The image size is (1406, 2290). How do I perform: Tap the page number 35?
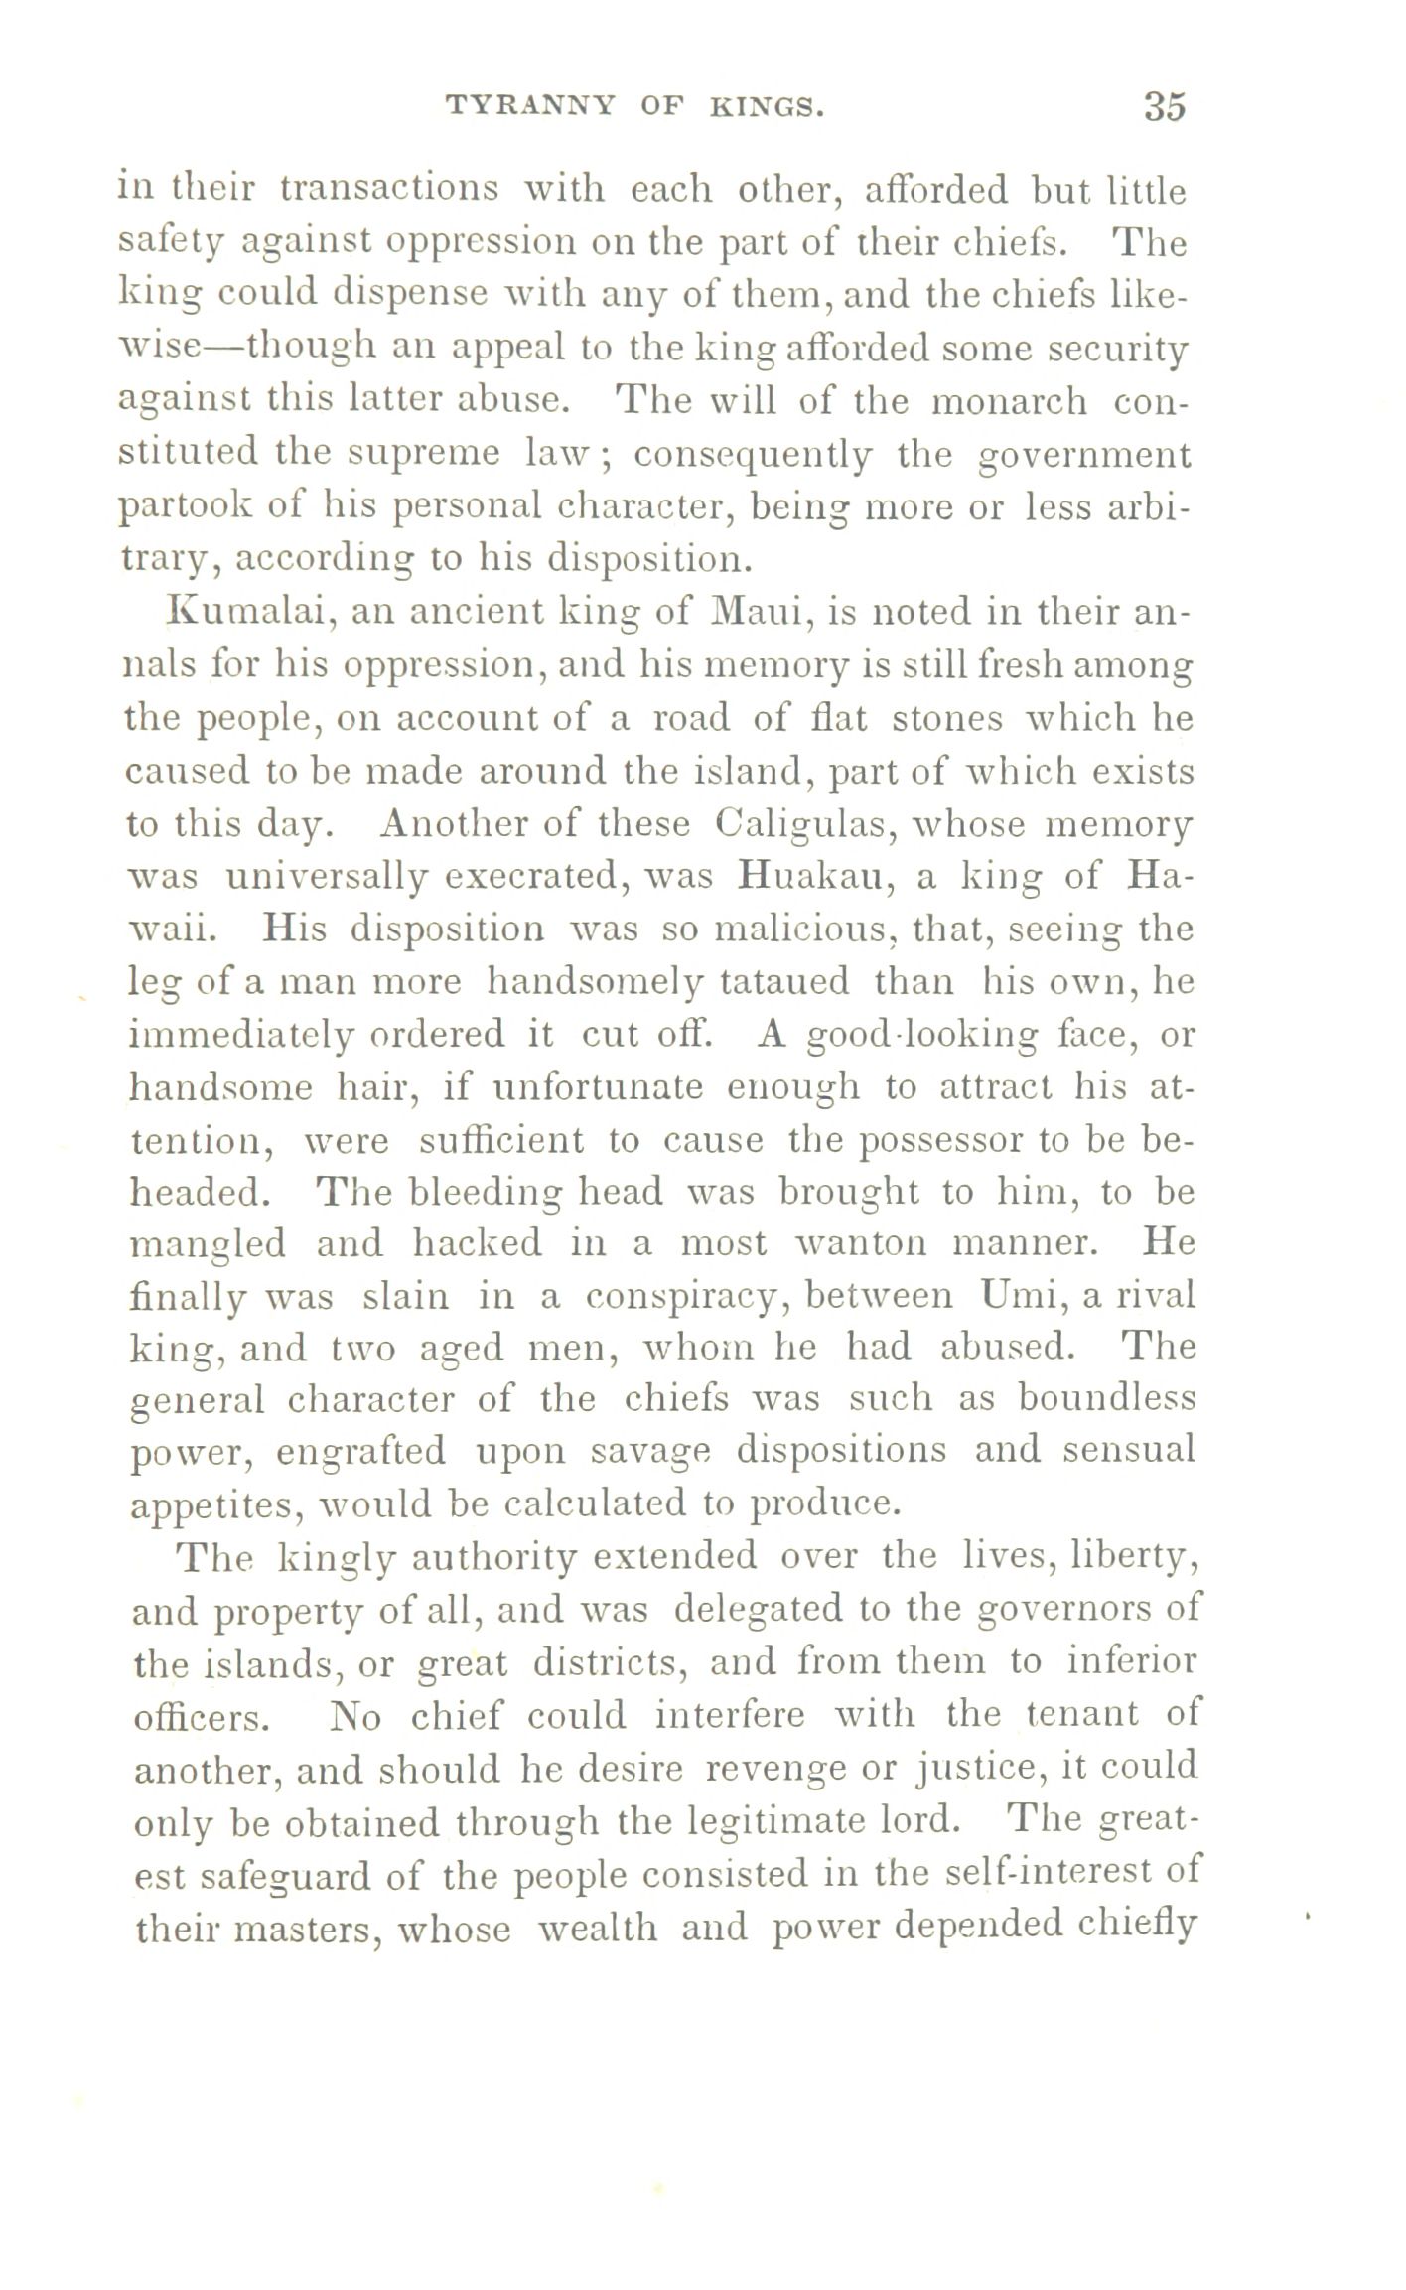tap(1164, 105)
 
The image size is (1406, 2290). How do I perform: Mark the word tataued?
tap(784, 982)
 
